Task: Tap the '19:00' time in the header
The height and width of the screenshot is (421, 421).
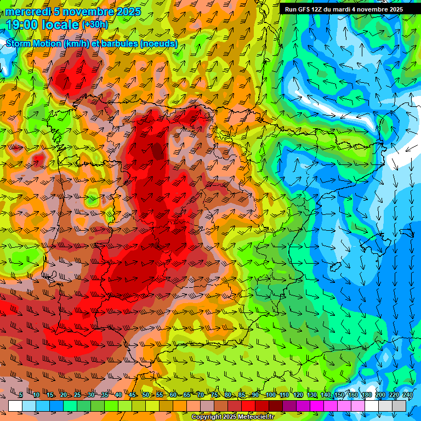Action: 21,25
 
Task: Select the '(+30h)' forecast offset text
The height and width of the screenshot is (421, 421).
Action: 95,25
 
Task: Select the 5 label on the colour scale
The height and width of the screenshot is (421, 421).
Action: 20,395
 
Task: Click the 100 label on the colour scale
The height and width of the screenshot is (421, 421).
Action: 270,395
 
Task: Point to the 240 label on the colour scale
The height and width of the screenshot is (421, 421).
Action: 407,395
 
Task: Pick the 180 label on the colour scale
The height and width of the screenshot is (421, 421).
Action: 366,395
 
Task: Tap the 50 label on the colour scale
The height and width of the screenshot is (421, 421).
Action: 146,395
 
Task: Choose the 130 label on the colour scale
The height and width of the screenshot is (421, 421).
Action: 311,395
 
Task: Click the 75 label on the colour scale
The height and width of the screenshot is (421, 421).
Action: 214,395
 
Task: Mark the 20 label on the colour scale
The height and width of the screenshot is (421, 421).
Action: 64,395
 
